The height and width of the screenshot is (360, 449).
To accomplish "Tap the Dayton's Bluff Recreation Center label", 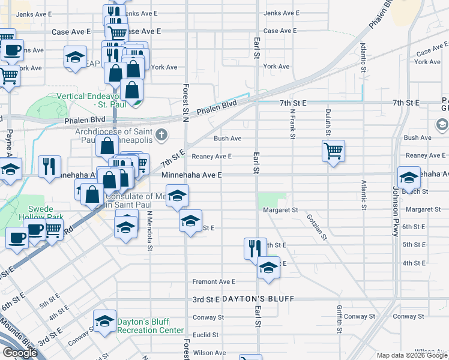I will [x=150, y=326].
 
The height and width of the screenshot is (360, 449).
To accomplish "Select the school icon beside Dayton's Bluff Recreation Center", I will [x=105, y=322].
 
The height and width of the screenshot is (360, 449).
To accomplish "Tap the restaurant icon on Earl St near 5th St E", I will [x=255, y=248].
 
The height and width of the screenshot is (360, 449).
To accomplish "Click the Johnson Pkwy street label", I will [x=396, y=212].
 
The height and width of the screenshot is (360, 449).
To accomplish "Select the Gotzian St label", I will [x=316, y=228].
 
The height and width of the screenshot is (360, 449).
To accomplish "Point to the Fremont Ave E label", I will [x=214, y=281].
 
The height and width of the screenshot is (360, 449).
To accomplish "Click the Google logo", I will [x=20, y=353].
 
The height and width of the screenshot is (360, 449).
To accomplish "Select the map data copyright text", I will [x=412, y=355].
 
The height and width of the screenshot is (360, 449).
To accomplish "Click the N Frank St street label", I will [x=293, y=123].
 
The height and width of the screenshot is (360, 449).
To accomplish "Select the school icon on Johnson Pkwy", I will [x=409, y=177].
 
